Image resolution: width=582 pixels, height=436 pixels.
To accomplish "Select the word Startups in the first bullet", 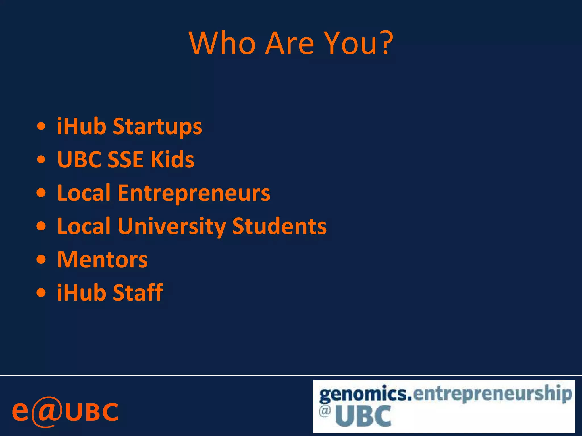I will [157, 126].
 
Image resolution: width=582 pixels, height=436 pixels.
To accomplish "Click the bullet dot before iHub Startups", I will [41, 126].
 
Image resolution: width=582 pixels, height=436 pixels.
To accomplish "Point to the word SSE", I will [125, 159].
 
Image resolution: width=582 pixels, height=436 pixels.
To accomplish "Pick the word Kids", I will [172, 159].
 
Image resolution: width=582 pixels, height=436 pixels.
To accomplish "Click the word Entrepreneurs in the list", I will [194, 193].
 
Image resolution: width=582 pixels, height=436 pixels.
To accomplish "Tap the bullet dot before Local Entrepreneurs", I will [41, 193].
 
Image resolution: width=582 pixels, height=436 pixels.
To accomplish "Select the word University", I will [172, 227].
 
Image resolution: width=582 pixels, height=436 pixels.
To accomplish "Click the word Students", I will [279, 226].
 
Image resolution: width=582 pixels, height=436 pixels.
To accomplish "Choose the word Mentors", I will [102, 259].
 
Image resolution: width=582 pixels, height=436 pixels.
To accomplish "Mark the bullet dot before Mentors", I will [41, 259].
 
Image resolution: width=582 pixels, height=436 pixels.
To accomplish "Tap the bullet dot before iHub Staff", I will [41, 293].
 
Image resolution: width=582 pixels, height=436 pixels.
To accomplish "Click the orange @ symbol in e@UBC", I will [47, 412].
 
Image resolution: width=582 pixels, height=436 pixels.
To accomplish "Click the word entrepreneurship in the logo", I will [492, 394].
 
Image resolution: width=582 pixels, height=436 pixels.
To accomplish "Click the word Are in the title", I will [290, 43].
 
